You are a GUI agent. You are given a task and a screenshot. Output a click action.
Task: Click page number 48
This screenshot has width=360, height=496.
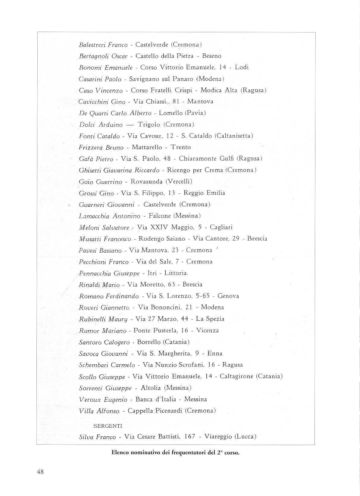(40, 472)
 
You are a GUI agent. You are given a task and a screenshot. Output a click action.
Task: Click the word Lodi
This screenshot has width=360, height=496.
(242, 67)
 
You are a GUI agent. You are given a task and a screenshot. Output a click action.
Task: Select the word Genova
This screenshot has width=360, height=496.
(228, 296)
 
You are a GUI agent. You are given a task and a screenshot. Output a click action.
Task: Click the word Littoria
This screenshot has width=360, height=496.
(176, 273)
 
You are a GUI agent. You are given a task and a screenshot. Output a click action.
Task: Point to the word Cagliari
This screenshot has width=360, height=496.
(221, 227)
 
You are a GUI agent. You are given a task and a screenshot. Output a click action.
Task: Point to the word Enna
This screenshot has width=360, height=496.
(215, 354)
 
